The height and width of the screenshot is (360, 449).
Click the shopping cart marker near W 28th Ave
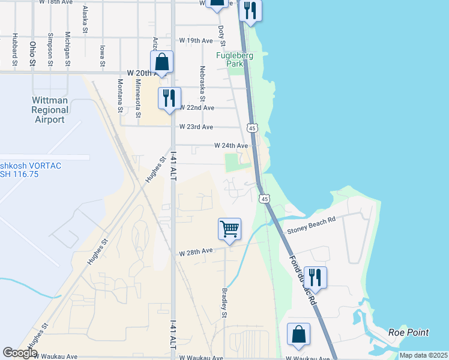[x=229, y=229]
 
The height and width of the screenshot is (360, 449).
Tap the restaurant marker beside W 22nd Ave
[x=169, y=98]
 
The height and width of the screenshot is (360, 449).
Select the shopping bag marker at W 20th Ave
[x=161, y=62]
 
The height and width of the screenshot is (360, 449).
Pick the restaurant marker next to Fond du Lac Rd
[x=315, y=277]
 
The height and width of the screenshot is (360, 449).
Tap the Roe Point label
[x=408, y=332]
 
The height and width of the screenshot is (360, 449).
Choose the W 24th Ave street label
[x=231, y=146]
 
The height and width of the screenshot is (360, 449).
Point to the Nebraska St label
[x=202, y=83]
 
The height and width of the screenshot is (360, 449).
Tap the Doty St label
[x=221, y=35]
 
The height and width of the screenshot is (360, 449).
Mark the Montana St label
[x=120, y=95]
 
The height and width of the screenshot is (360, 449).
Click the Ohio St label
[x=32, y=53]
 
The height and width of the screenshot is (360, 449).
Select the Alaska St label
[x=85, y=18]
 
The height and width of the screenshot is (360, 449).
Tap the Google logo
[x=20, y=353]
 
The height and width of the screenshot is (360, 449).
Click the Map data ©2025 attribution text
[x=423, y=355]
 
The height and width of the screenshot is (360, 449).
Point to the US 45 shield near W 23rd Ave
[x=252, y=128]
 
